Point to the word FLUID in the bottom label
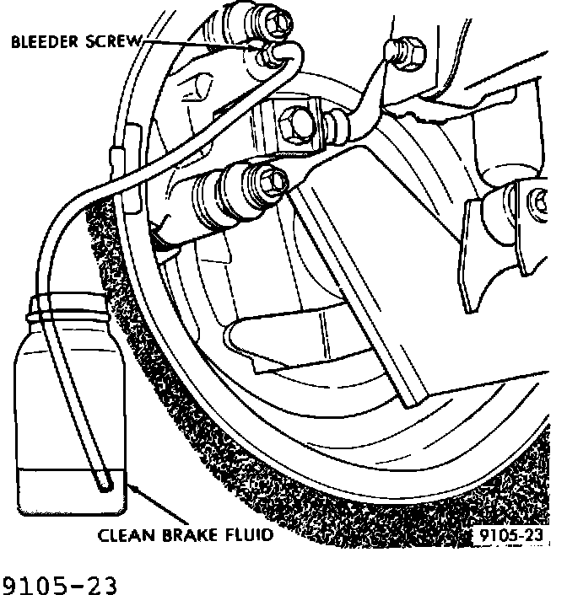[246, 534]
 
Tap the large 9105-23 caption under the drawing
[59, 582]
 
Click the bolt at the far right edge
[538, 202]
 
